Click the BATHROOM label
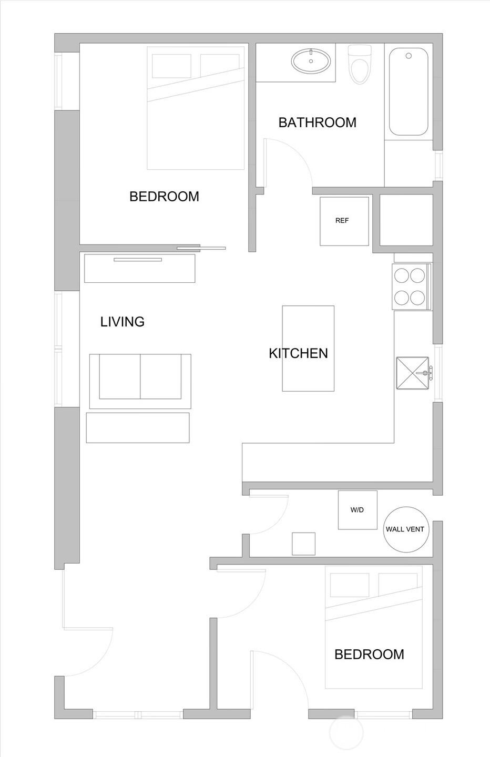(x=317, y=122)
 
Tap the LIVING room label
(x=122, y=322)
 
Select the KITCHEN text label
(x=298, y=353)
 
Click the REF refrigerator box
(x=344, y=221)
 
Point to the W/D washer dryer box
(x=358, y=510)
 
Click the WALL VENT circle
(x=405, y=529)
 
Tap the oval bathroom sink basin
(x=312, y=60)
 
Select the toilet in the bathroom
(x=360, y=64)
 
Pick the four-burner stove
(x=410, y=287)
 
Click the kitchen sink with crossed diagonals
(x=413, y=374)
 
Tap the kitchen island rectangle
(x=308, y=349)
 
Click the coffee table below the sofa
(x=137, y=427)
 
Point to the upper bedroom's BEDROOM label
(x=164, y=197)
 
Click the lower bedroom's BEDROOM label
(x=369, y=654)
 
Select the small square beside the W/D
(x=303, y=544)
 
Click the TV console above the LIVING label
(x=139, y=268)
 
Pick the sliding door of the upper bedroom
(x=201, y=248)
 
